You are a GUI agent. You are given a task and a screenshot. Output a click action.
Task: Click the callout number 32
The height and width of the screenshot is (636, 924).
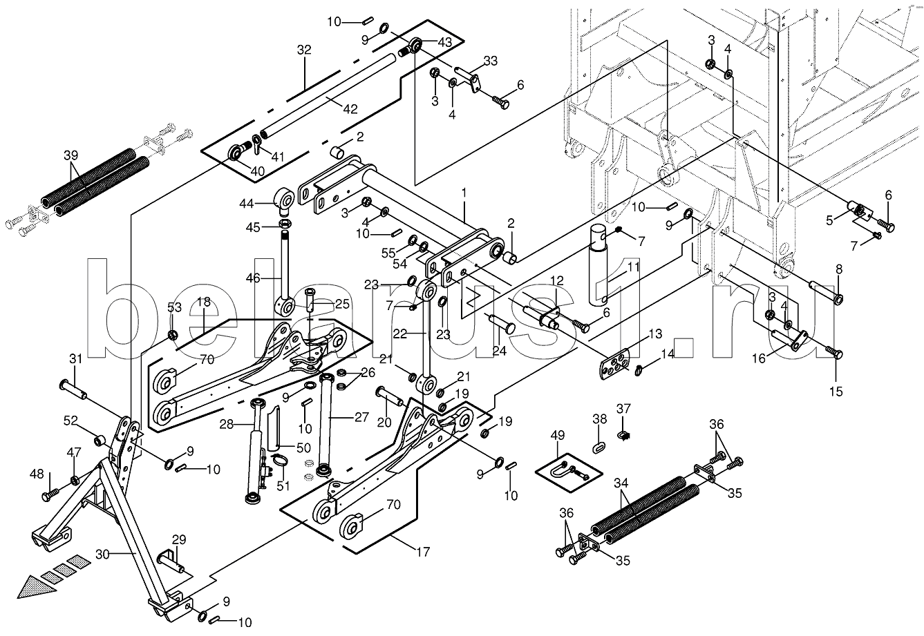[304, 50]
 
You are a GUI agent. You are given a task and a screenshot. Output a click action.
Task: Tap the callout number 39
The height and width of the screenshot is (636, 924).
[70, 156]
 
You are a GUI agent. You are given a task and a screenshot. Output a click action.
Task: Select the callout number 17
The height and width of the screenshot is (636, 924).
[423, 552]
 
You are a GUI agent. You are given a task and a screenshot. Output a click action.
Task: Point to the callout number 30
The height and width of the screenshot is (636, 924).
[102, 555]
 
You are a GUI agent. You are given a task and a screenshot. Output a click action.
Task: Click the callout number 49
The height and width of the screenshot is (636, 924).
[558, 435]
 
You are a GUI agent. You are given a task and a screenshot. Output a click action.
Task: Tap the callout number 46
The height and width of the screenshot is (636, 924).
[253, 278]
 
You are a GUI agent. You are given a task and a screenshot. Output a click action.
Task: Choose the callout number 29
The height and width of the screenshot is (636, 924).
[179, 539]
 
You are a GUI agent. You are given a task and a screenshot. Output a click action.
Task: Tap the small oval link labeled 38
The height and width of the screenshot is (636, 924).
[599, 446]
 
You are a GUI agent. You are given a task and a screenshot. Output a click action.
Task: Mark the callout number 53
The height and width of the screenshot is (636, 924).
[174, 307]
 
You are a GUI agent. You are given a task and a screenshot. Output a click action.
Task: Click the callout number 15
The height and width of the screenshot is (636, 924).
[836, 391]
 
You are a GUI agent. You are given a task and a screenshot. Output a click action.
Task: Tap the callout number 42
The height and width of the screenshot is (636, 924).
[350, 109]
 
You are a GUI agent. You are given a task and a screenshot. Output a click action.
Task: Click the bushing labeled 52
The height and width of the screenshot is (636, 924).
[100, 441]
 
